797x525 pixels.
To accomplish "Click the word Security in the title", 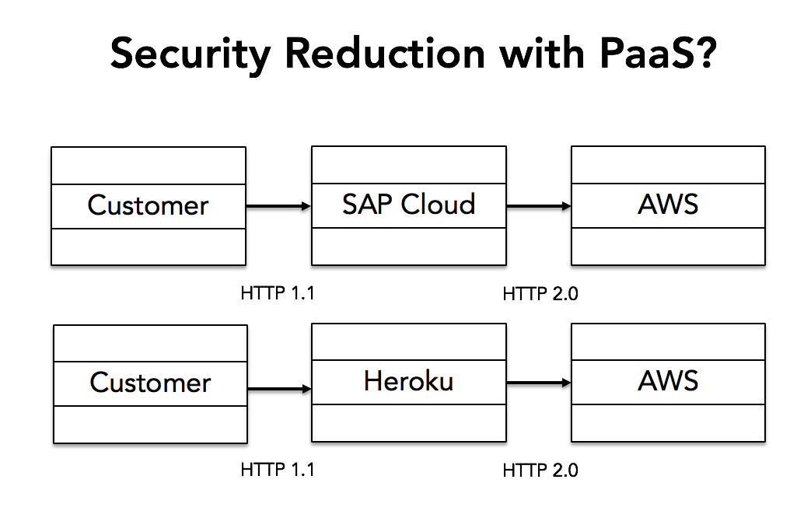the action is pyautogui.click(x=191, y=54).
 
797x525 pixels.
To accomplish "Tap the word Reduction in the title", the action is pyautogui.click(x=386, y=54).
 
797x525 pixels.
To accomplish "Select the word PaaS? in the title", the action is pyautogui.click(x=659, y=54).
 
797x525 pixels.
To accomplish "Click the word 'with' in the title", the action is pyautogui.click(x=542, y=53).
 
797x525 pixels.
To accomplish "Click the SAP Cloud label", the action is pyautogui.click(x=409, y=205).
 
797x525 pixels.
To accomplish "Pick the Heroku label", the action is pyautogui.click(x=409, y=381).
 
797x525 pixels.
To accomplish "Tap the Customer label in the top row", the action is pyautogui.click(x=148, y=205).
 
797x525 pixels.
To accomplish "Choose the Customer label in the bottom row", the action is pyautogui.click(x=150, y=383).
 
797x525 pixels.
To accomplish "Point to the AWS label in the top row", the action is pyautogui.click(x=668, y=205).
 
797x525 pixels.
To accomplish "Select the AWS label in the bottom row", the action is pyautogui.click(x=668, y=381).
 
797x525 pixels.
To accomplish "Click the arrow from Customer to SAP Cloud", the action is pyautogui.click(x=278, y=206).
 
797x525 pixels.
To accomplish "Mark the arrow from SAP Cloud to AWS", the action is pyautogui.click(x=539, y=206).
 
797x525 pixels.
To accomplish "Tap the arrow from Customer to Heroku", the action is pyautogui.click(x=280, y=389).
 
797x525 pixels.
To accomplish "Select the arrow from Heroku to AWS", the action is pyautogui.click(x=539, y=383).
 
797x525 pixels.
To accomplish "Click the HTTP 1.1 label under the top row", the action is pyautogui.click(x=278, y=293).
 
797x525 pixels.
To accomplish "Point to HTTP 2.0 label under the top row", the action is pyautogui.click(x=540, y=294).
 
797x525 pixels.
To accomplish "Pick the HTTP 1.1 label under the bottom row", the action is pyautogui.click(x=278, y=470).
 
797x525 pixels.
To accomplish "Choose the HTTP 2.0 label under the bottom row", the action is pyautogui.click(x=540, y=471).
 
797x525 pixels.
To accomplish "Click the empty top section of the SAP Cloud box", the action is pyautogui.click(x=409, y=165).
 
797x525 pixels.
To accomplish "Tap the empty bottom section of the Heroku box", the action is pyautogui.click(x=409, y=423).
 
